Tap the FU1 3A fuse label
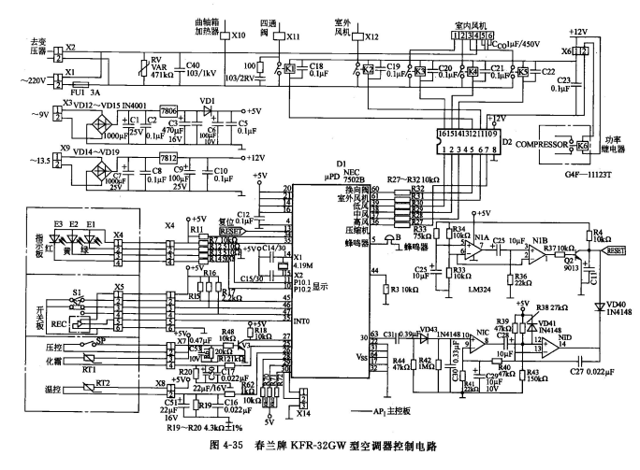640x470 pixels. (x=89, y=93)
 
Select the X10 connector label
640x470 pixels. (x=239, y=35)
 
